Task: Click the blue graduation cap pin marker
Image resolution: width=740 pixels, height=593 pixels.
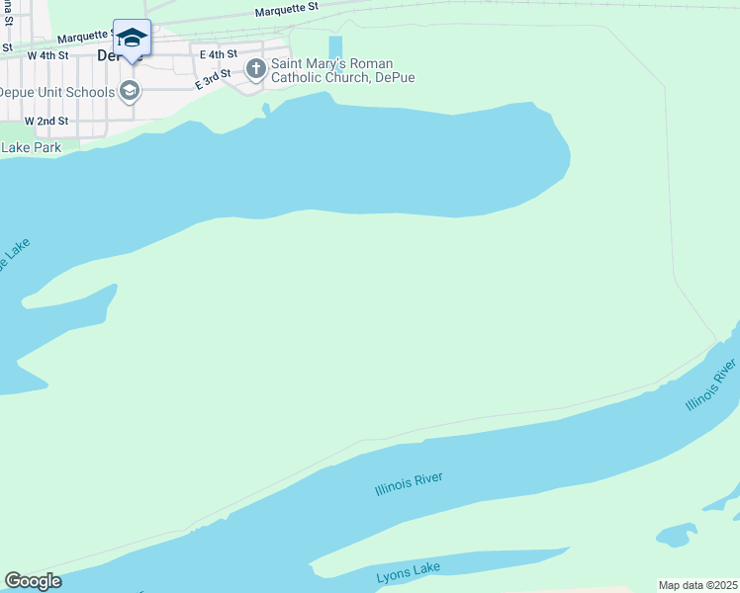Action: (132, 39)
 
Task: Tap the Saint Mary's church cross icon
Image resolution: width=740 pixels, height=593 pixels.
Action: (255, 69)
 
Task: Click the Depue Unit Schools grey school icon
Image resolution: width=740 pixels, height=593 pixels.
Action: (128, 92)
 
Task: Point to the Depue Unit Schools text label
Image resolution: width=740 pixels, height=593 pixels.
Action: (55, 92)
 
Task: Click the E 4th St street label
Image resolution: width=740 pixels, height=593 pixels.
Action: (218, 53)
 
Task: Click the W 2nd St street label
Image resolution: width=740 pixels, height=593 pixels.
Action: (46, 121)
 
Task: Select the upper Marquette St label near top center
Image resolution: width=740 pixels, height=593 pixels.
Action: (286, 9)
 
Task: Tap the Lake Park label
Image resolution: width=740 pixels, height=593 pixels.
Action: (31, 147)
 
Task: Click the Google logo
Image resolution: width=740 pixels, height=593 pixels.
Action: (33, 581)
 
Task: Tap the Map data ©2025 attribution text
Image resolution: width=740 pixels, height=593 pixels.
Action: (697, 585)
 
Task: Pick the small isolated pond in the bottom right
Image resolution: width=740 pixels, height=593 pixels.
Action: (677, 536)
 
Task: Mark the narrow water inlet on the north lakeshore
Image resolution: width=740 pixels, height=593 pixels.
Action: (266, 109)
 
